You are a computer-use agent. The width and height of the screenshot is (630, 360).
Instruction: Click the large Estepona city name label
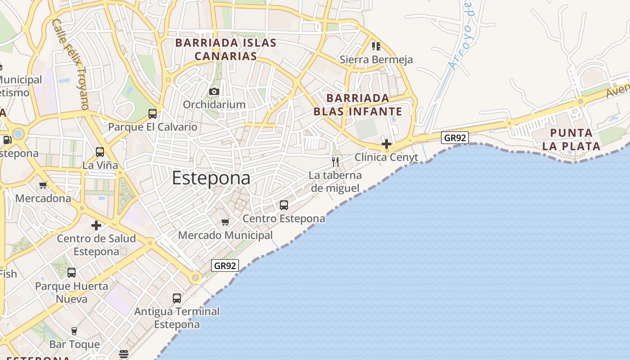click(211, 178)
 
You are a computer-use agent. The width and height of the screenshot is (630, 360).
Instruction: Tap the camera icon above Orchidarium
click(214, 92)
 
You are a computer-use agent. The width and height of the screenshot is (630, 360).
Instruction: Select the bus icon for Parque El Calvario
click(153, 114)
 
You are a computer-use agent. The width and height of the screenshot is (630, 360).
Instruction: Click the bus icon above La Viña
click(100, 152)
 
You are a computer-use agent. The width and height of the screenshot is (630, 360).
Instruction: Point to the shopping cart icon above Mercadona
click(43, 185)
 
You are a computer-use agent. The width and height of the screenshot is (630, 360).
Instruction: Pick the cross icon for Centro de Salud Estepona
click(96, 225)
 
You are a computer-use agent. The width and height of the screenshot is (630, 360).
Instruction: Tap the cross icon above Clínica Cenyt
click(386, 144)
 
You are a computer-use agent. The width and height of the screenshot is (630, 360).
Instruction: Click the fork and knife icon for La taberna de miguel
click(335, 162)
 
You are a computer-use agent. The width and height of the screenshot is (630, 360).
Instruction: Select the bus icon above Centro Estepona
click(284, 205)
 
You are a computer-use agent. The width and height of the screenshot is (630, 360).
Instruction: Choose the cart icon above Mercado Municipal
click(225, 222)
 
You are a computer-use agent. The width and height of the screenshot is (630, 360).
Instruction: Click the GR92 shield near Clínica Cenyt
click(455, 138)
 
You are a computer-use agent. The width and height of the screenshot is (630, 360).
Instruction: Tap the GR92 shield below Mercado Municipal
click(225, 265)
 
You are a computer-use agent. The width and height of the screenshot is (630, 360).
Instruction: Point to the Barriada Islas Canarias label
click(225, 49)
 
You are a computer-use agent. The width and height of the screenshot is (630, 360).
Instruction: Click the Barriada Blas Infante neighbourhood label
click(358, 104)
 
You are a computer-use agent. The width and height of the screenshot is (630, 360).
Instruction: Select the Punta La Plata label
click(571, 139)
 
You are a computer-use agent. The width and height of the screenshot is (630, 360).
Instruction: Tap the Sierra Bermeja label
click(376, 59)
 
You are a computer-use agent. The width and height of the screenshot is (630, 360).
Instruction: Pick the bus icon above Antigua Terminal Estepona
click(177, 298)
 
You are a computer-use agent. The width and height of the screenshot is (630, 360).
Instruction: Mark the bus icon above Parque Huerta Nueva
click(72, 272)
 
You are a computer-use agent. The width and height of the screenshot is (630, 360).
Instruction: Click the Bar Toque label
click(75, 344)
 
